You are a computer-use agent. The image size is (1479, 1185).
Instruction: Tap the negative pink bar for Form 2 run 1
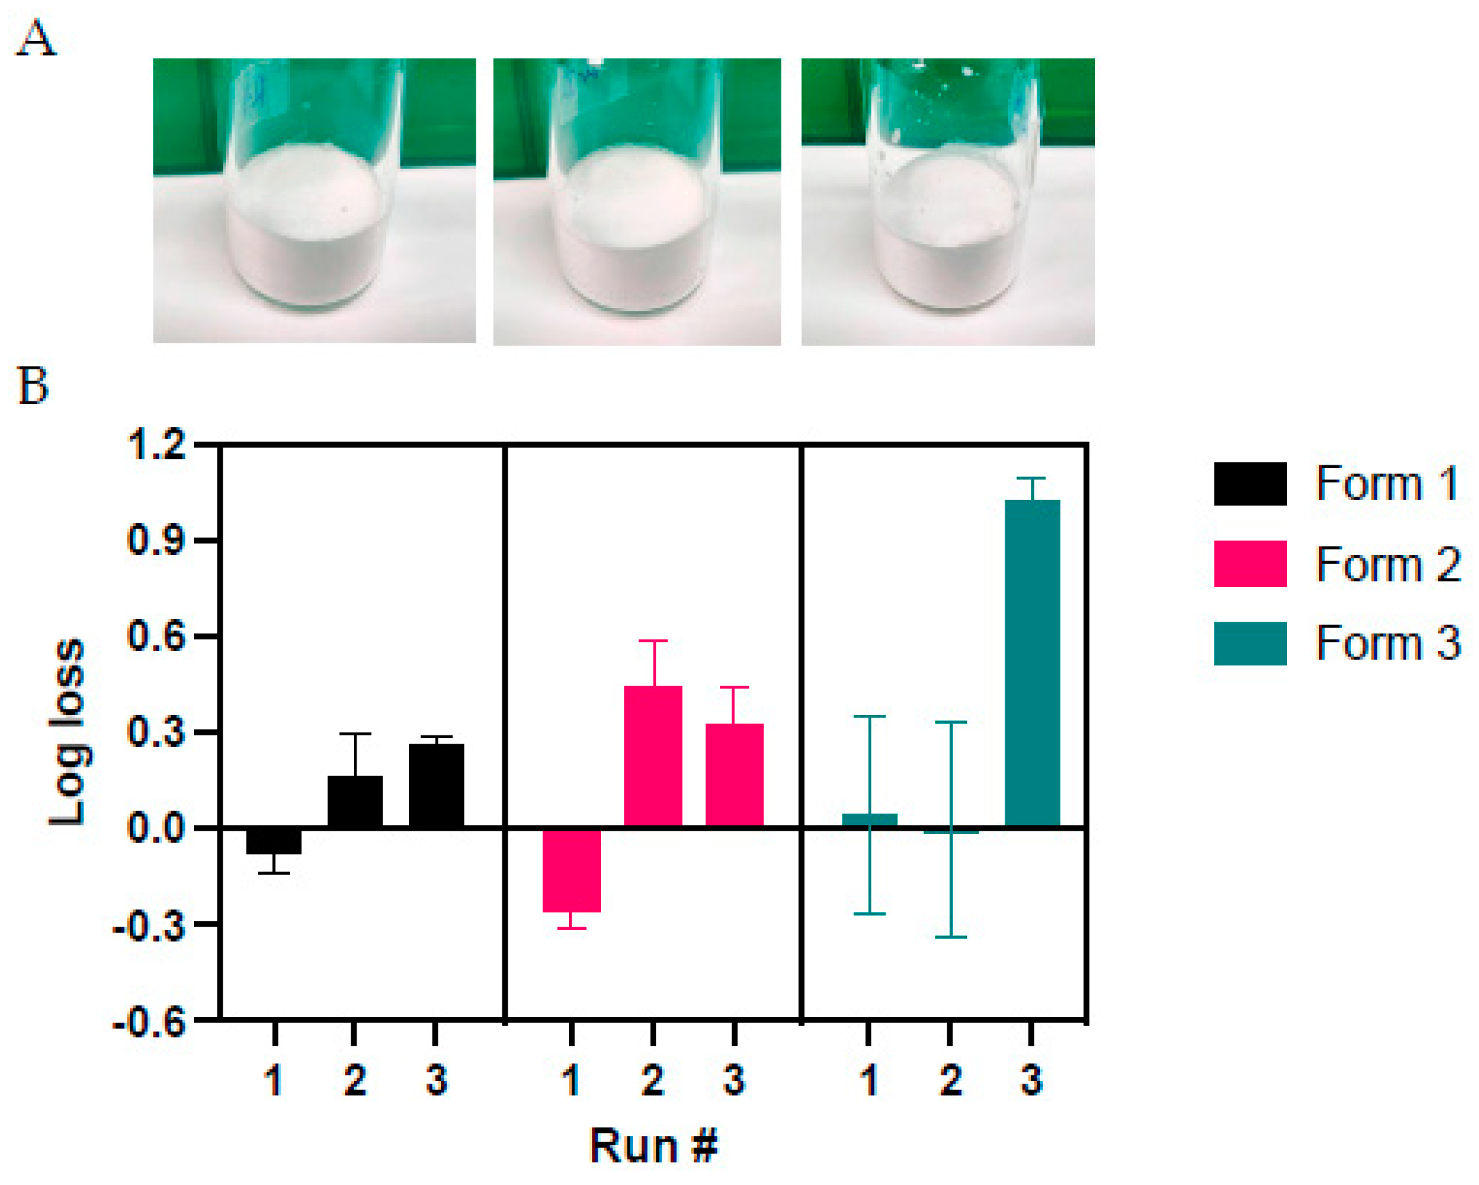572,870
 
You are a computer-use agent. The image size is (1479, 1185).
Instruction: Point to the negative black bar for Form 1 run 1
274,841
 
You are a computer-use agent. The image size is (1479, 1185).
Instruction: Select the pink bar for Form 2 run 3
734,775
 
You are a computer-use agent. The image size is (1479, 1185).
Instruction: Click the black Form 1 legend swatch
1250,484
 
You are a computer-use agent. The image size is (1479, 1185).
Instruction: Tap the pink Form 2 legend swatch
1250,564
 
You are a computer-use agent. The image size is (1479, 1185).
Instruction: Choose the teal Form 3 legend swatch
1250,644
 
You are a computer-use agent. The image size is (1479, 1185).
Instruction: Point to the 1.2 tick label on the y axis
157,444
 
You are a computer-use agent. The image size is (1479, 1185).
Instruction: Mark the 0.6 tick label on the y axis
157,637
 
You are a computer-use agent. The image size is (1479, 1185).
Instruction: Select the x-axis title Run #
653,1145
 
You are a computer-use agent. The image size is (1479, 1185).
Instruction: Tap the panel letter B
32,386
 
